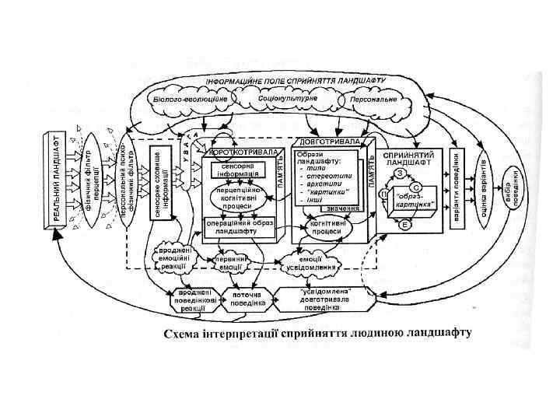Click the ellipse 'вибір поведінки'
point(512,189)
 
